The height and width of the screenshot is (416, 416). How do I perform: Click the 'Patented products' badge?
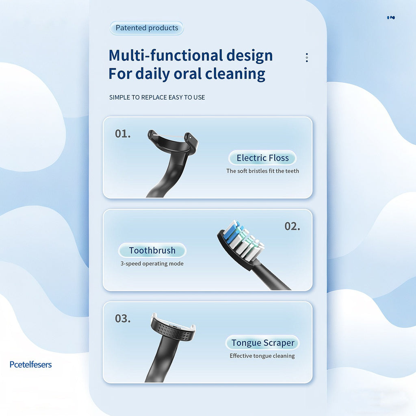pyautogui.click(x=147, y=28)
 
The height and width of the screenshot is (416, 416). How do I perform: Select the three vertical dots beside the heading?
pyautogui.click(x=307, y=57)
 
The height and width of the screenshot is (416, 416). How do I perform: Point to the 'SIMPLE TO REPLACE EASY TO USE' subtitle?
pyautogui.click(x=157, y=97)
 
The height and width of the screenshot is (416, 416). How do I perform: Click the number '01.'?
pyautogui.click(x=123, y=134)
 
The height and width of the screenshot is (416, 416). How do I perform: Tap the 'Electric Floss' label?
pyautogui.click(x=262, y=158)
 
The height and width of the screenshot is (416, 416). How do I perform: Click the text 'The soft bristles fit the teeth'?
pyautogui.click(x=262, y=171)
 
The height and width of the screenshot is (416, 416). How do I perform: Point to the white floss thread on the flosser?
pyautogui.click(x=169, y=135)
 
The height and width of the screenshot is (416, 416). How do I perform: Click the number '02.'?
pyautogui.click(x=292, y=226)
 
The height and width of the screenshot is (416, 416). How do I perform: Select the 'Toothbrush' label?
pyautogui.click(x=152, y=250)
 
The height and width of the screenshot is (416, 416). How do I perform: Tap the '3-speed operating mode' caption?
pyautogui.click(x=152, y=264)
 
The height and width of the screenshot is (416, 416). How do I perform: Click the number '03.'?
pyautogui.click(x=123, y=318)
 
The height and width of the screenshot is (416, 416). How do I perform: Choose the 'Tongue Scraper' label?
pyautogui.click(x=262, y=343)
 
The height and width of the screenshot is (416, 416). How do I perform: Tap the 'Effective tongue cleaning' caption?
pyautogui.click(x=262, y=356)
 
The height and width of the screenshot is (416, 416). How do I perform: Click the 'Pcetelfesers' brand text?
pyautogui.click(x=31, y=364)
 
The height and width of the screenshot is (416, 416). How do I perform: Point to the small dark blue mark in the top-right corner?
pyautogui.click(x=391, y=17)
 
